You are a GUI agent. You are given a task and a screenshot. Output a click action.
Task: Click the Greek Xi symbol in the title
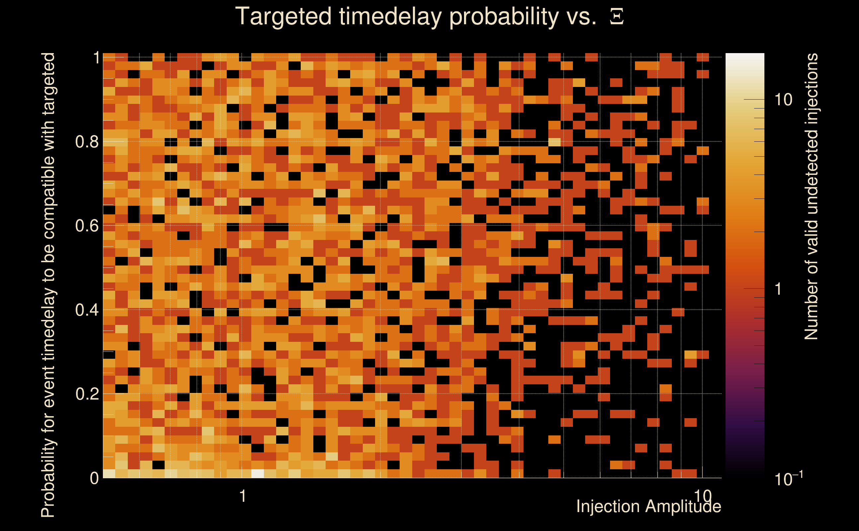click(x=617, y=17)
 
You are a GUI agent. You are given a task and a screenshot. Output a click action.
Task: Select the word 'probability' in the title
click(x=504, y=17)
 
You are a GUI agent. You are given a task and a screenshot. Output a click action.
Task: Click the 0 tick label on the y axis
click(x=95, y=478)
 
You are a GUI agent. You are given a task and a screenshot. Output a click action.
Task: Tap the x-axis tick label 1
click(x=242, y=496)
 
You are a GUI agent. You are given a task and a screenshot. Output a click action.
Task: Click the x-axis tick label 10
click(x=703, y=496)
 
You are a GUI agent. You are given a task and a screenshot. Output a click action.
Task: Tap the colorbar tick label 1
click(x=778, y=289)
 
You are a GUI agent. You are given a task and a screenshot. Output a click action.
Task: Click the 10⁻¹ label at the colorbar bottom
click(x=788, y=478)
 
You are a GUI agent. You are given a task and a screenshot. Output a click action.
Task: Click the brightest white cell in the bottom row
click(x=258, y=474)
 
